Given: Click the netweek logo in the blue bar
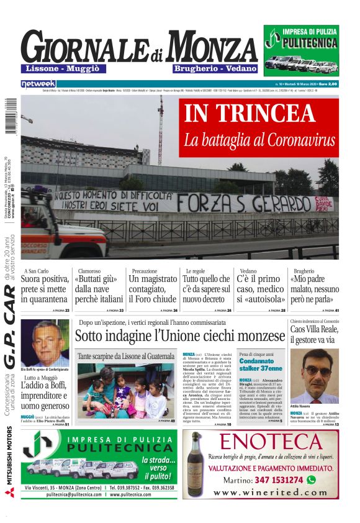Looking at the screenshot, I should [38, 83].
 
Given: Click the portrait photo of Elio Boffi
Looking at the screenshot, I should [45, 343].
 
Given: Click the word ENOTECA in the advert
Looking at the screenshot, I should [269, 442].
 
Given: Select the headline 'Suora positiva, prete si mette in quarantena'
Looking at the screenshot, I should [45, 289].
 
